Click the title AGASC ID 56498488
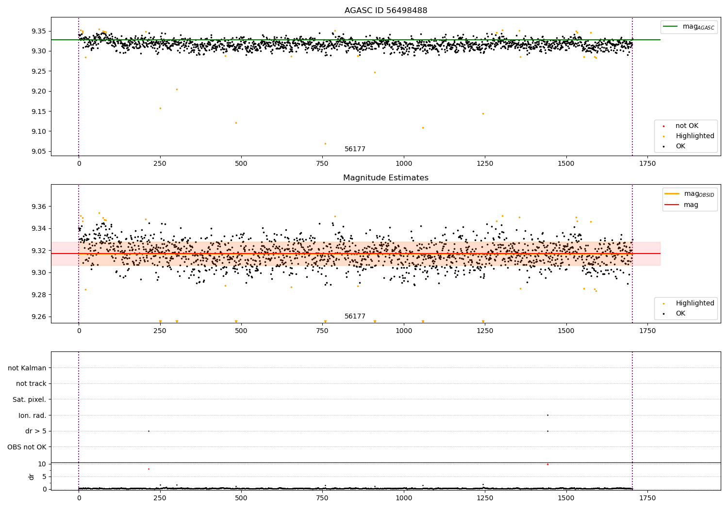pyautogui.click(x=386, y=10)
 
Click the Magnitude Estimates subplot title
pyautogui.click(x=386, y=177)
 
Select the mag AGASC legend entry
pyautogui.click(x=689, y=27)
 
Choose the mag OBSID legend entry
pyautogui.click(x=689, y=194)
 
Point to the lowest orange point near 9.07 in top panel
pyautogui.click(x=325, y=144)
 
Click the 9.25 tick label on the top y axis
pyautogui.click(x=39, y=71)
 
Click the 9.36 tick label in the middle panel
pyautogui.click(x=39, y=207)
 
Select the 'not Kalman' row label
pyautogui.click(x=27, y=368)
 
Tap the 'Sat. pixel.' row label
pyautogui.click(x=29, y=399)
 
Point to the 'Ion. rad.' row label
pyautogui.click(x=32, y=415)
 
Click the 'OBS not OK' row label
pyautogui.click(x=27, y=447)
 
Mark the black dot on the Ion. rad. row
pyautogui.click(x=547, y=415)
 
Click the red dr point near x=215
pyautogui.click(x=149, y=469)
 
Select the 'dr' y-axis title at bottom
pyautogui.click(x=31, y=477)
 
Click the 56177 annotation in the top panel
pyautogui.click(x=355, y=149)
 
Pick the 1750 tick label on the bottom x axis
pyautogui.click(x=647, y=498)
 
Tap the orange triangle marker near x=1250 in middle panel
pyautogui.click(x=483, y=321)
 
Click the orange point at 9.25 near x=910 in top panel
pyautogui.click(x=375, y=72)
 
